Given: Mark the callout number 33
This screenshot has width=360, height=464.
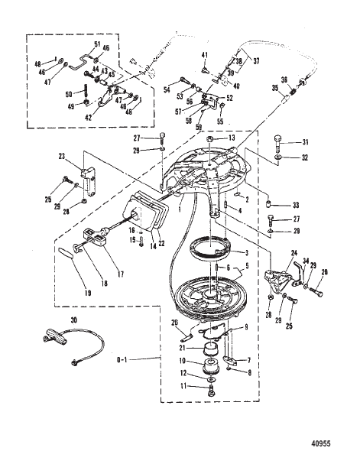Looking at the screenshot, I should tap(306, 206).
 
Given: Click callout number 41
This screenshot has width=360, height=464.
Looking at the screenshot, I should tap(205, 54).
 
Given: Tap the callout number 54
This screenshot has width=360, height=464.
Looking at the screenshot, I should tap(167, 90).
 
